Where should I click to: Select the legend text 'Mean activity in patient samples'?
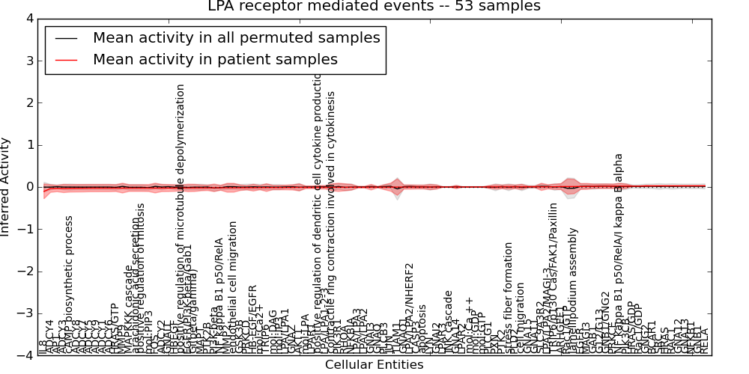[215, 59]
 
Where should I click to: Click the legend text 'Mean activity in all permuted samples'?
[236, 37]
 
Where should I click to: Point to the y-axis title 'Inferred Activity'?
[7, 187]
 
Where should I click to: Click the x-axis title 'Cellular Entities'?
[374, 365]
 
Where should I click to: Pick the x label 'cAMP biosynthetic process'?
[69, 284]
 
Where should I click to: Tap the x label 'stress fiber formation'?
[509, 297]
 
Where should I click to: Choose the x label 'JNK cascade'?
[448, 322]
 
